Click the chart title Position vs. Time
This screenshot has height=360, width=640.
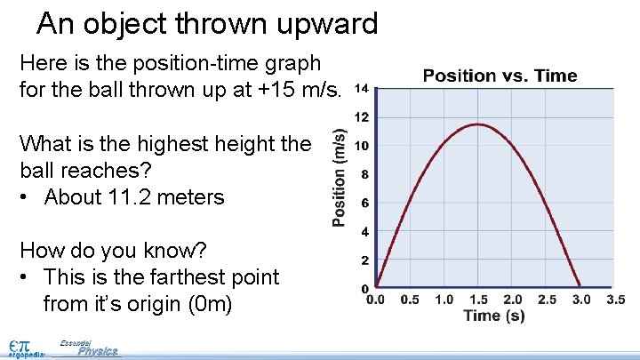[500, 76]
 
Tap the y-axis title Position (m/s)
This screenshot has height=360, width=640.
[340, 176]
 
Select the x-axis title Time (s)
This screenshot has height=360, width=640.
[493, 316]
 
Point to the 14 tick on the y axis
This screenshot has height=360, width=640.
[362, 89]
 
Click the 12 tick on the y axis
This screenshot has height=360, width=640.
[363, 117]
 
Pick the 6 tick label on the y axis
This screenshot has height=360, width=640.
[365, 204]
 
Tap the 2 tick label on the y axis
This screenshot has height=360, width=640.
[365, 260]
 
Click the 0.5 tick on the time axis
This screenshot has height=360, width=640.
[410, 300]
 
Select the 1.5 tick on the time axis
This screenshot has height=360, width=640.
[478, 300]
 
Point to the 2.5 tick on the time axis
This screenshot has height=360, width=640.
[547, 300]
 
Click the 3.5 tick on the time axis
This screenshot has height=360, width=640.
[614, 300]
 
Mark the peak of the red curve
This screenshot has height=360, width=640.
[478, 124]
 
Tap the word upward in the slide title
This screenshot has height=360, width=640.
[323, 24]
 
